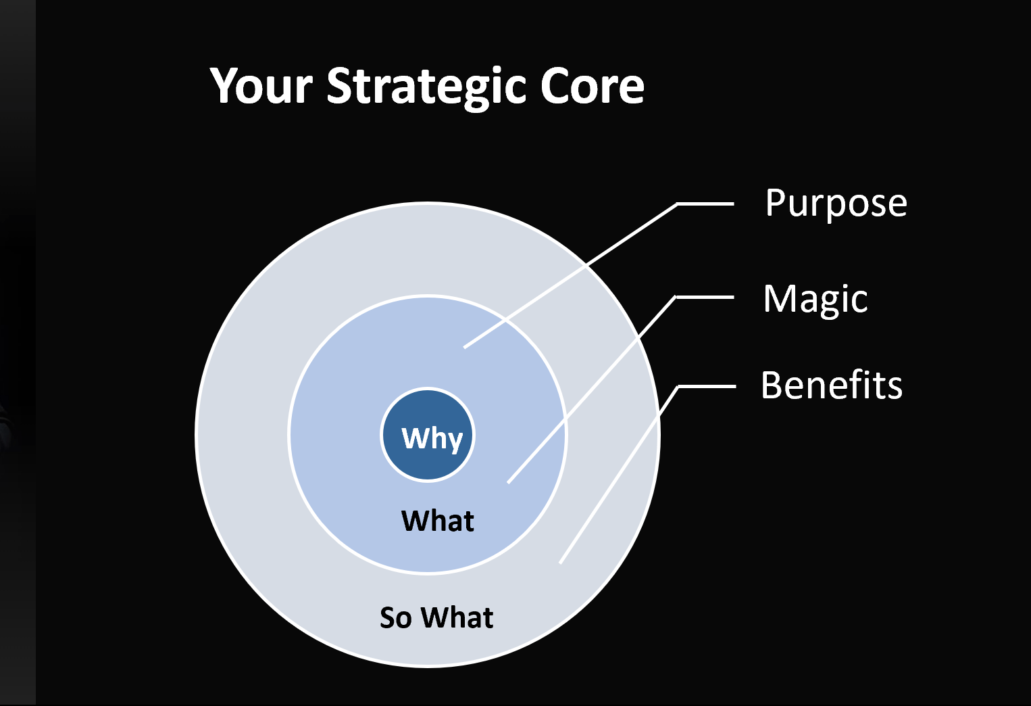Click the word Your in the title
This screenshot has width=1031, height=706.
pos(261,86)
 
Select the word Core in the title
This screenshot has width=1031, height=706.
pos(592,86)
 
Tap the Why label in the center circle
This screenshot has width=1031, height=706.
pos(432,438)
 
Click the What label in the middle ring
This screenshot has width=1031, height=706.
pos(437,521)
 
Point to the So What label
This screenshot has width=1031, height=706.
pos(436,617)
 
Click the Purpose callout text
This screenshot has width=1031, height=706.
pos(836,204)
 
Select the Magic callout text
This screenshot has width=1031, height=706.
pos(815,300)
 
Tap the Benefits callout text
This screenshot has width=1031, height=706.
pos(831,385)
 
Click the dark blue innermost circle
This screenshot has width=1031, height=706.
pos(428,435)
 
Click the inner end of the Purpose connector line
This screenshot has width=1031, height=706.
pos(464,348)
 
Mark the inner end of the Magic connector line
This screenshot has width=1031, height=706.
pos(508,482)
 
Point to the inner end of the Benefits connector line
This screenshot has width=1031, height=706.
pos(560,563)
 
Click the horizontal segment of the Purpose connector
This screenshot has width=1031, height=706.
pos(705,204)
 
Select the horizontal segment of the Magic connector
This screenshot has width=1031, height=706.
pos(704,298)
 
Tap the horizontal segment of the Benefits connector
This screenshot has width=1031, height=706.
pos(707,387)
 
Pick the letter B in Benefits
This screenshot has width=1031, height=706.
pos(772,385)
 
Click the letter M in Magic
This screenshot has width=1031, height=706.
pos(780,298)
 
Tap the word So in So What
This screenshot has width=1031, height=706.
pos(396,617)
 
